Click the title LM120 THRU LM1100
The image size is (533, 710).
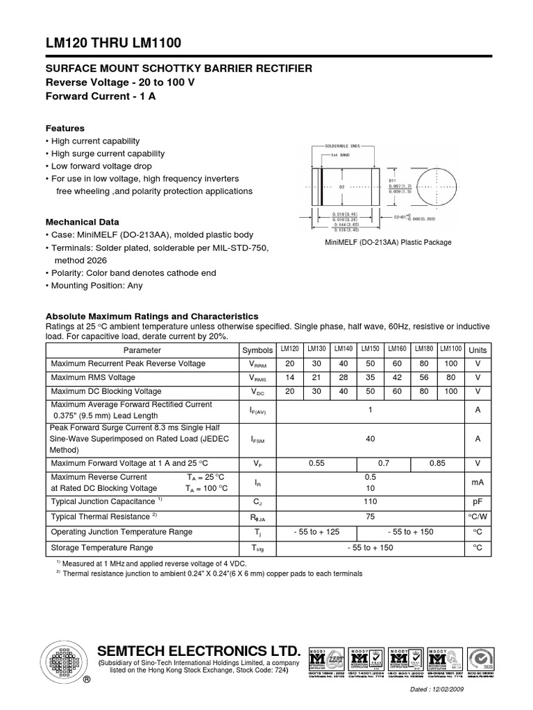[x=113, y=44]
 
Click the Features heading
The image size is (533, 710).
[x=65, y=128]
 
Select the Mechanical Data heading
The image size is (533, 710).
[x=83, y=222]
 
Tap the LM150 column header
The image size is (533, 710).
[x=371, y=349]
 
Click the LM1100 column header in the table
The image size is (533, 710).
[x=451, y=349]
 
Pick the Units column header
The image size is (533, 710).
[x=477, y=350]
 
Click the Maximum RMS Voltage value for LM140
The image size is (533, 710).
[x=344, y=378]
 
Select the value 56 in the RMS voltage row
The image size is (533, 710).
[x=424, y=378]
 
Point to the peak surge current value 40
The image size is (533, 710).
[x=371, y=438]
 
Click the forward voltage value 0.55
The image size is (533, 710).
[x=316, y=463]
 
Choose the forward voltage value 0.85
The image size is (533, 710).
[x=437, y=463]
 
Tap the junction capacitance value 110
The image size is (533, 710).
[x=371, y=501]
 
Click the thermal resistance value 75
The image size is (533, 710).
[x=371, y=517]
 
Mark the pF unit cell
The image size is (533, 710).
[x=477, y=501]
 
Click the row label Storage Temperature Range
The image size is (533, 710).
[x=102, y=548]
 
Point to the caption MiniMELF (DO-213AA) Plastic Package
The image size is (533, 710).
[x=389, y=242]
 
